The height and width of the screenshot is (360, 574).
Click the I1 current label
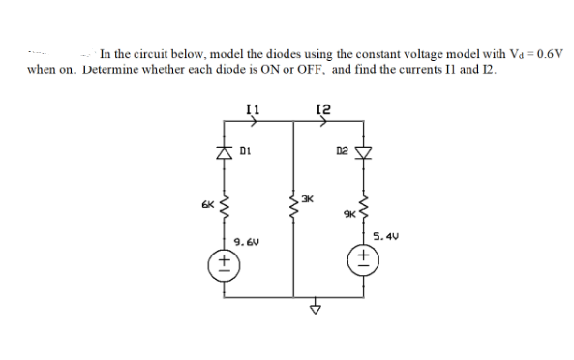[x=251, y=111]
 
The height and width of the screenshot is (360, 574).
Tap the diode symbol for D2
[x=365, y=152]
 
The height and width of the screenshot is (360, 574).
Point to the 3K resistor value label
[x=307, y=200]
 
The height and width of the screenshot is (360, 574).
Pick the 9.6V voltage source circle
[x=225, y=262]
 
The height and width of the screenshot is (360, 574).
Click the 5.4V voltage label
[x=384, y=235]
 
